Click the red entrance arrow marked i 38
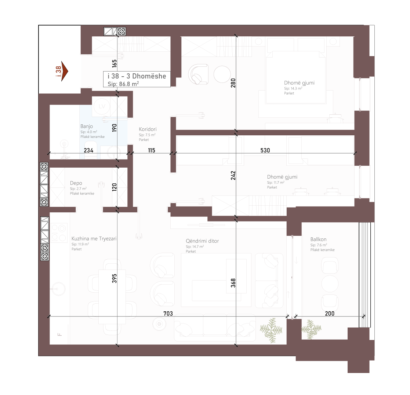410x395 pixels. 64,71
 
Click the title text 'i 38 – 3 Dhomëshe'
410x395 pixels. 137,76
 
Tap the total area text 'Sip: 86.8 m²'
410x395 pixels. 123,84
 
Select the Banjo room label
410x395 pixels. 87,126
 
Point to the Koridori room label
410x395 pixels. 148,129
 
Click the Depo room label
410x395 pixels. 76,183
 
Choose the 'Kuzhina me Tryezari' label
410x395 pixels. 94,238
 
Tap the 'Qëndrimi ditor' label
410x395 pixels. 202,241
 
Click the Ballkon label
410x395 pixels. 318,239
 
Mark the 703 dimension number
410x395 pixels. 168,314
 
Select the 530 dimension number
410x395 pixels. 265,150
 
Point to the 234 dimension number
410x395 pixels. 88,150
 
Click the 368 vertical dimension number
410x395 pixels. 233,283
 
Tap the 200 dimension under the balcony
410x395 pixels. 330,314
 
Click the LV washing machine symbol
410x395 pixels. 102,106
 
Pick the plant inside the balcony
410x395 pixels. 311,329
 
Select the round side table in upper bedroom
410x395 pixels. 222,74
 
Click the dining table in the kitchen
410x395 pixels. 112,297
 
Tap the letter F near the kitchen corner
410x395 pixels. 59,334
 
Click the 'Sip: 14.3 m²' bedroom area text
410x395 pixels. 293,88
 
